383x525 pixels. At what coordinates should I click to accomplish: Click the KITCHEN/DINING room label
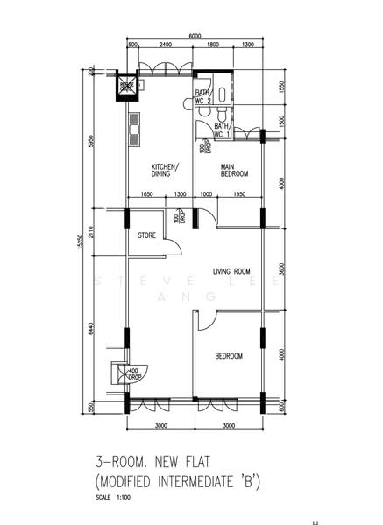click(165, 170)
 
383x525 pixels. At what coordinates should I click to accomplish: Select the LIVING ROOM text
click(231, 271)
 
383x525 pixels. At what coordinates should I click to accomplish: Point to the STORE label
click(146, 234)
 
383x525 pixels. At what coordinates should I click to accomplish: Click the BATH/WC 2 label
click(202, 96)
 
